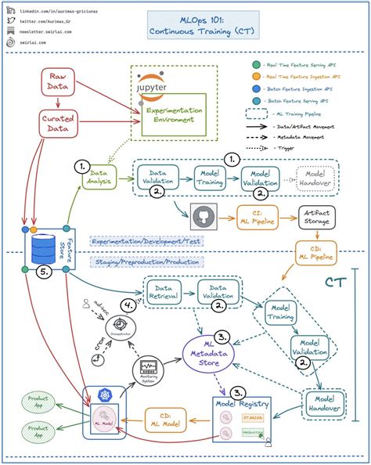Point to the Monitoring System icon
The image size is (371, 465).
(149, 367)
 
